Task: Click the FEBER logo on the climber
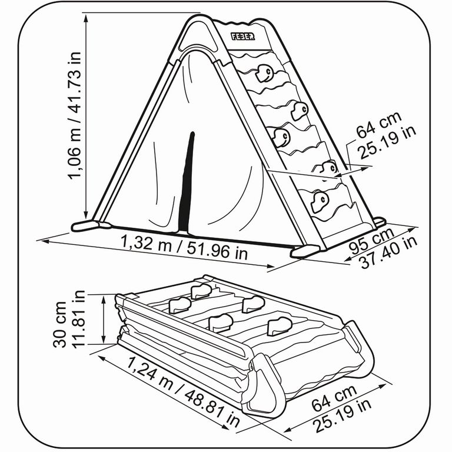click(x=242, y=36)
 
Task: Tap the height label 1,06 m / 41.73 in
click(x=74, y=115)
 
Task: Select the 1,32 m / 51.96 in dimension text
click(x=184, y=247)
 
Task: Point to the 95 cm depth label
click(x=371, y=241)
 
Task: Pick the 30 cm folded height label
click(x=60, y=325)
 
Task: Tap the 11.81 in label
click(x=78, y=319)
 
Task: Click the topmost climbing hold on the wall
click(x=264, y=73)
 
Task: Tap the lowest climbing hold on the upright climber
click(x=320, y=201)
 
